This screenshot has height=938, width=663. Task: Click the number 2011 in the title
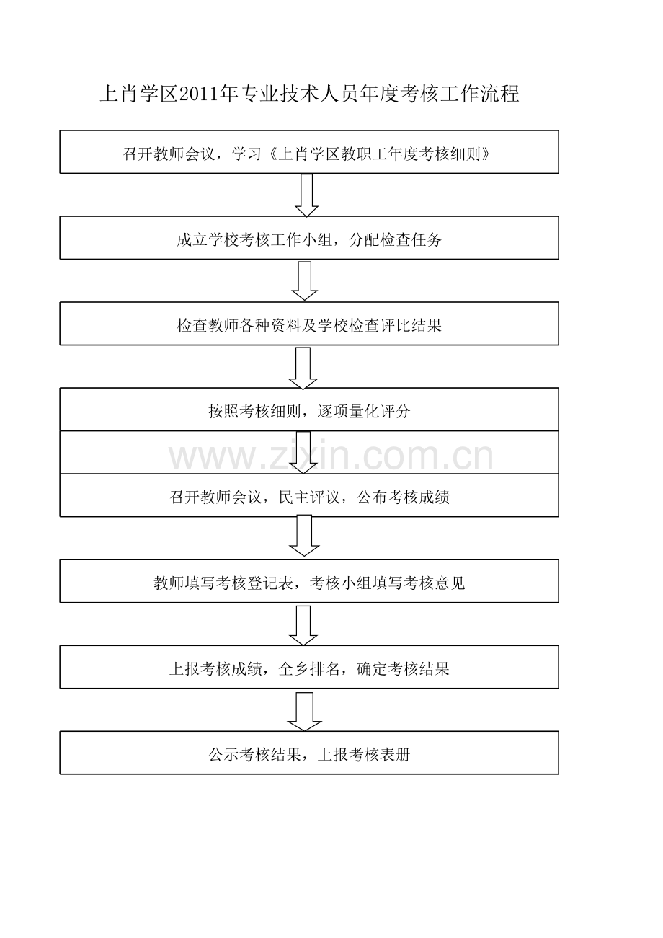[x=198, y=94]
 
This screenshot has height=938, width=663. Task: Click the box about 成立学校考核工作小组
[x=308, y=238]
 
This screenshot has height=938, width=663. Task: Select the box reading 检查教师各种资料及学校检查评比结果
[x=308, y=324]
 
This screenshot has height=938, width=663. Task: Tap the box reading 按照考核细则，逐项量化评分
[x=308, y=410]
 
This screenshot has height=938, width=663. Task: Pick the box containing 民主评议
[x=308, y=495]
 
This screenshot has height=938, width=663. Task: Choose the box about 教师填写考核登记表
[x=308, y=581]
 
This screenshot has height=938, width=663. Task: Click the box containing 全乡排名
[x=308, y=667]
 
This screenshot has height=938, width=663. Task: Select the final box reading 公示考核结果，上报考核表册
[x=308, y=753]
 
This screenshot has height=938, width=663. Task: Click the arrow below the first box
[x=307, y=195]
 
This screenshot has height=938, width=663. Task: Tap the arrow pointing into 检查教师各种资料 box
[x=305, y=280]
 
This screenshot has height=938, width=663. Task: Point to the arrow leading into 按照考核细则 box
[x=303, y=367]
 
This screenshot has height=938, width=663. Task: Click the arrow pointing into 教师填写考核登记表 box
[x=304, y=536]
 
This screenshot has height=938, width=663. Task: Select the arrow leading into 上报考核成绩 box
[x=303, y=624]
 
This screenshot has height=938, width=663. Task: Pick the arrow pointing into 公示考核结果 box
[x=304, y=711]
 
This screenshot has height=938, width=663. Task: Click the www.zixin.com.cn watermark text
[x=331, y=456]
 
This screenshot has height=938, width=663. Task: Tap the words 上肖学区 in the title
[x=138, y=94]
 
